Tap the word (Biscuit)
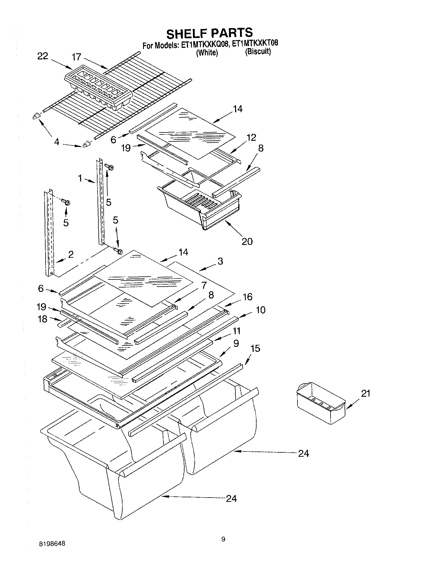[x=258, y=52]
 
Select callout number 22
[x=43, y=56]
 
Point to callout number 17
[x=77, y=57]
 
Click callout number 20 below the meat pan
[x=247, y=241]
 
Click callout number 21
[x=366, y=393]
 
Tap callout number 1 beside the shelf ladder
[x=80, y=178]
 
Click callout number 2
[x=71, y=254]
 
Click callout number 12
[x=251, y=137]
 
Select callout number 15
[x=255, y=348]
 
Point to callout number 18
[x=42, y=319]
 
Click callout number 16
[x=248, y=296]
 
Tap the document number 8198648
[x=52, y=543]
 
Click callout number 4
[x=57, y=142]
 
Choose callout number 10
[x=260, y=310]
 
